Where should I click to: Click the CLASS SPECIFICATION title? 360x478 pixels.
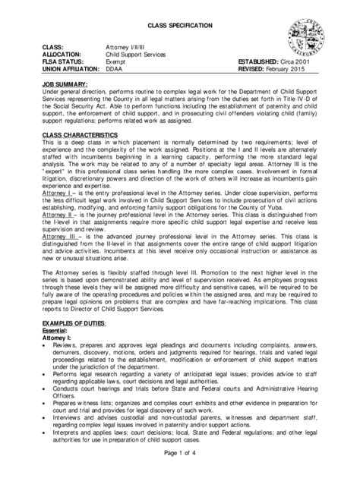pos(180,27)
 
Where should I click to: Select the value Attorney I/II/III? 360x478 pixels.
pos(126,48)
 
